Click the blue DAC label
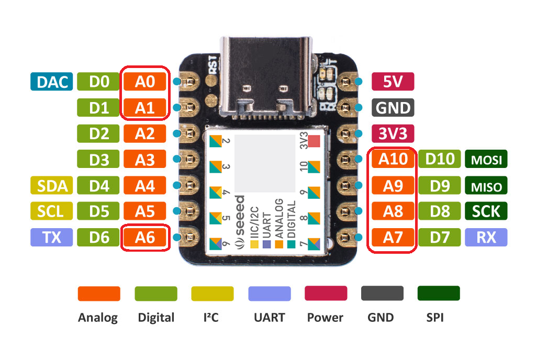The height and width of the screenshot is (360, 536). (51, 82)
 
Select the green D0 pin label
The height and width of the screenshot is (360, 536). (98, 82)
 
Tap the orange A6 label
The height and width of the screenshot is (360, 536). (145, 238)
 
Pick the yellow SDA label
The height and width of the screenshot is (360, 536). (51, 186)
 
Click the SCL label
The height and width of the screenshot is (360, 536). (51, 211)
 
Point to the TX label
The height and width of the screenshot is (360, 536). (51, 238)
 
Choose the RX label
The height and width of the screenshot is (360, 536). (486, 238)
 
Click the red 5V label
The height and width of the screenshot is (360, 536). (393, 82)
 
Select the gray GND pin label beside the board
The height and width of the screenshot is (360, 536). (393, 108)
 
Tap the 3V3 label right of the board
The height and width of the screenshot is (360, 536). (393, 133)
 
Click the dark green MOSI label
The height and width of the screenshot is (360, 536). (486, 160)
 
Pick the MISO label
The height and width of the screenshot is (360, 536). (486, 186)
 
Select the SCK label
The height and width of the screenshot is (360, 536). (486, 211)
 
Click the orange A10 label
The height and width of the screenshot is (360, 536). (393, 160)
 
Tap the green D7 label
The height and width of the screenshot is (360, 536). (440, 238)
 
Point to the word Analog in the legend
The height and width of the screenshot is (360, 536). (98, 317)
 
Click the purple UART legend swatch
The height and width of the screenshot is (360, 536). (269, 294)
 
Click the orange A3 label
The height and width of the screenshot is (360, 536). (145, 160)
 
